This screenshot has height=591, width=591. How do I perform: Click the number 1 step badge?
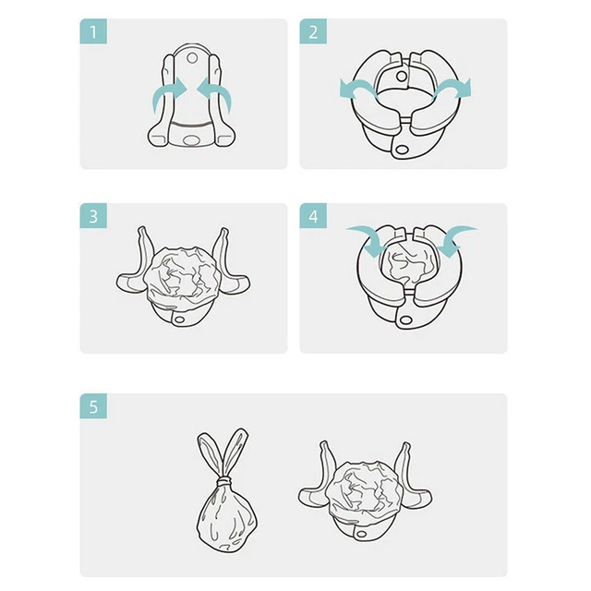click(93, 31)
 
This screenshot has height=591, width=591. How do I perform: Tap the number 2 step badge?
click(313, 31)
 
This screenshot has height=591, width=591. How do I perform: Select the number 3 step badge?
click(93, 216)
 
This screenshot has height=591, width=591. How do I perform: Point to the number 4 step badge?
click(313, 216)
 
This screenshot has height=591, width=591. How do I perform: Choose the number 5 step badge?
click(93, 406)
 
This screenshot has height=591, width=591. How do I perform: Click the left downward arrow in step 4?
click(371, 238)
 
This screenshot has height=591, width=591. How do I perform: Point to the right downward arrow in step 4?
click(454, 238)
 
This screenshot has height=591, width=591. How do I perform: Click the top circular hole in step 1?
click(192, 58)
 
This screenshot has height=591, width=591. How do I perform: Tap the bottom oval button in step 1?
click(192, 140)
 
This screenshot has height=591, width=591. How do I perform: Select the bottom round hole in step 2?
click(402, 151)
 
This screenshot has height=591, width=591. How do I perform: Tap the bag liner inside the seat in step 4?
click(409, 264)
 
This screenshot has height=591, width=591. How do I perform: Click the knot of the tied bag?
click(225, 482)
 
